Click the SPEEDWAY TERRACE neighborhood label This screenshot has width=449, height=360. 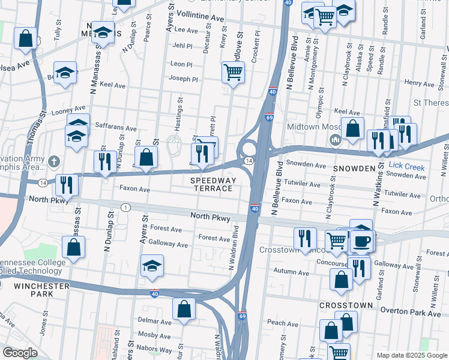pos(211,184)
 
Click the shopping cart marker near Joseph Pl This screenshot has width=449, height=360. pos(233,73)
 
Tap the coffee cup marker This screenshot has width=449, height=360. pos(363,241)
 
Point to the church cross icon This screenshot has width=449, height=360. pos(53,161)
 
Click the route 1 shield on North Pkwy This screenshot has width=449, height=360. pos(125,208)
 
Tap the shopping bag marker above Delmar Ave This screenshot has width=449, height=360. pos(184,310)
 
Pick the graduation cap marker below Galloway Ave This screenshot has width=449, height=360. pos(152,266)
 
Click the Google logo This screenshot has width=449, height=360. pos(20,353)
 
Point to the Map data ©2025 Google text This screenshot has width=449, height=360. pos(411,355)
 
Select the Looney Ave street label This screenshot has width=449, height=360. pos(68,110)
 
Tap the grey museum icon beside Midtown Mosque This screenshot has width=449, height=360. pos(334,140)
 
